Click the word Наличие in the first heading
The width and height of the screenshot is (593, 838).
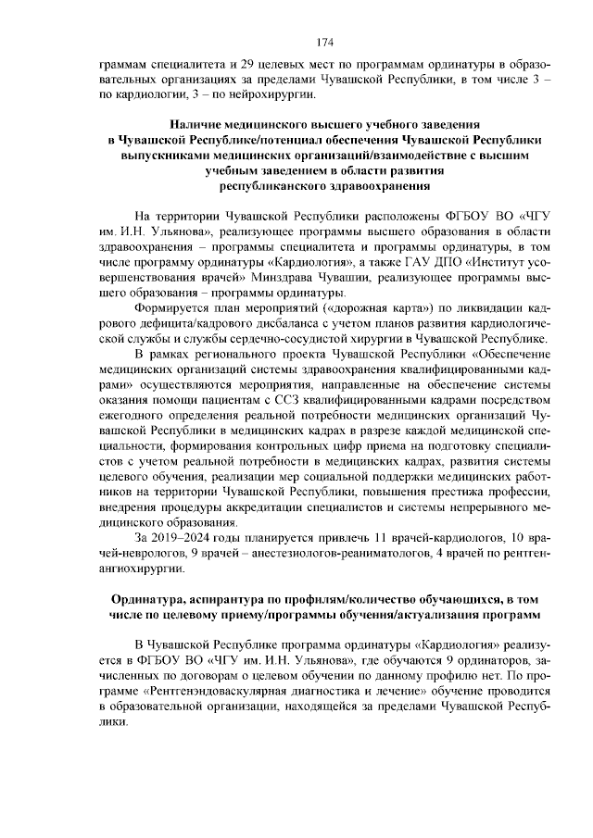[198, 124]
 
